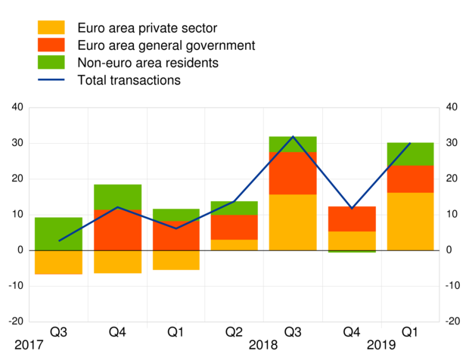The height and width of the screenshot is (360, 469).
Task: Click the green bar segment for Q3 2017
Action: pos(58,234)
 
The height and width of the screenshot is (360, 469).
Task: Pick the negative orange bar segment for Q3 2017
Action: pos(58,262)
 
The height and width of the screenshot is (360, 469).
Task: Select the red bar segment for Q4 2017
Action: pos(117,230)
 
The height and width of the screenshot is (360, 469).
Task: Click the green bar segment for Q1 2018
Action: pos(175,215)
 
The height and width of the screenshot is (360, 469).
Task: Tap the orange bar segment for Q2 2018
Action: pos(234,245)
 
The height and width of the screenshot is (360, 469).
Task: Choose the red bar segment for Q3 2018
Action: pos(292,173)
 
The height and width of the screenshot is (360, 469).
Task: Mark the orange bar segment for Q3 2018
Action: pos(292,222)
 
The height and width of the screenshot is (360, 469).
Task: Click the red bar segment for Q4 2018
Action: pos(351,219)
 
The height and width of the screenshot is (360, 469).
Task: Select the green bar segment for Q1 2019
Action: pos(409,154)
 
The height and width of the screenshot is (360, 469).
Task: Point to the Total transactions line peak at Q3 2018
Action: pos(293,137)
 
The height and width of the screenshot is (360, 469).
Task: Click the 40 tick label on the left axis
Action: pos(17,107)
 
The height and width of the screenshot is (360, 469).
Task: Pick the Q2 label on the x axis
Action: pos(234,331)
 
